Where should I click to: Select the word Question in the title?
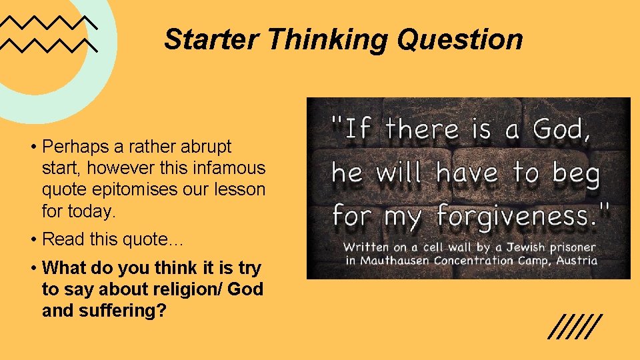tap(461, 39)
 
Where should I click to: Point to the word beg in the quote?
tap(575, 173)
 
